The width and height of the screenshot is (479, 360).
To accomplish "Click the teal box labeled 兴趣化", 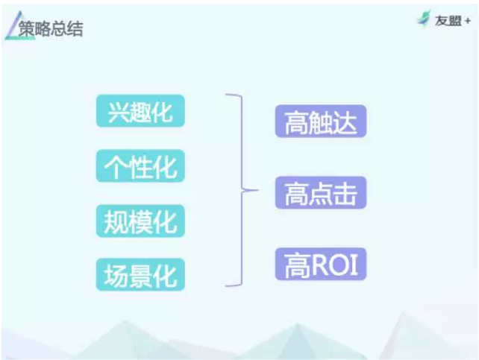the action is tap(140, 111).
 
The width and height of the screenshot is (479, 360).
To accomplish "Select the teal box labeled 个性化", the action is tap(140, 165).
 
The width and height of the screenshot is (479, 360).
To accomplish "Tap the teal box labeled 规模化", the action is tap(140, 221).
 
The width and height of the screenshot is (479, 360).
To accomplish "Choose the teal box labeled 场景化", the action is tap(140, 274).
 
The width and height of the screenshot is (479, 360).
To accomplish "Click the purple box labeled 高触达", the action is tap(321, 121).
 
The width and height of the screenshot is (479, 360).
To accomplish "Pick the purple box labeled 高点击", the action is tap(321, 192).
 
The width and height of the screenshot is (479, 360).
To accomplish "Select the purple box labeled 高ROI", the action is tap(321, 264).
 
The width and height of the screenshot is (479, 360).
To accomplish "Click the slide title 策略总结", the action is tap(51, 28).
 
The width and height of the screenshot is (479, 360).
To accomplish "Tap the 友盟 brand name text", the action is tap(448, 21).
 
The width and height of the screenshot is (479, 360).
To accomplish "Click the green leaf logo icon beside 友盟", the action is tap(425, 19).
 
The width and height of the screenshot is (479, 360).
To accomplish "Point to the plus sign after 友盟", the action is tap(467, 21).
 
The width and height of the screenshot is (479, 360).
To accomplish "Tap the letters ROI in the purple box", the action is tap(334, 265).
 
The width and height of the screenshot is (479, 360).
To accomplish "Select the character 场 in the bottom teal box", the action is tap(115, 276).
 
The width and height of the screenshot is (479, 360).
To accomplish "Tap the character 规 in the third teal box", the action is tap(115, 222).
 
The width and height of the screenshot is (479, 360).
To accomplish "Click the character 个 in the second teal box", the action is tap(115, 167).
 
